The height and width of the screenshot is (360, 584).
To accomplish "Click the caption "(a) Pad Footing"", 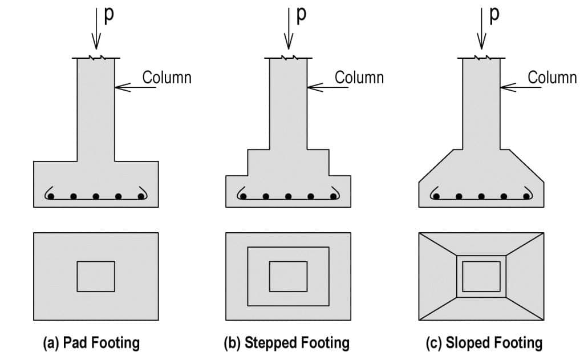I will point(91,343).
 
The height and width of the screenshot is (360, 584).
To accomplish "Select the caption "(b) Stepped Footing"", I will point(286,343).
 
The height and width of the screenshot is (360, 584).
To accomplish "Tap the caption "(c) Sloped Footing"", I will point(484,343).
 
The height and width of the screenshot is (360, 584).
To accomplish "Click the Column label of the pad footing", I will point(167,77).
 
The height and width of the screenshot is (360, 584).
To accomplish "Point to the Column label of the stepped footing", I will point(359,77).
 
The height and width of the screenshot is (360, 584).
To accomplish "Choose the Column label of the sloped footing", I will point(552,77).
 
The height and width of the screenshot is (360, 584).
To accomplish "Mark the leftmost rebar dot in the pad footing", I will point(51,196).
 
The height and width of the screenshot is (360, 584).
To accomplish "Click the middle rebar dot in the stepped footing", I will point(289,196).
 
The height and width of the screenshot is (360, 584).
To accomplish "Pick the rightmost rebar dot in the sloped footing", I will point(526,196).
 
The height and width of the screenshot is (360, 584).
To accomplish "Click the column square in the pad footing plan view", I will point(96,277).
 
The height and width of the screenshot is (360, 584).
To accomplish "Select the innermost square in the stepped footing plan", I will point(288,277).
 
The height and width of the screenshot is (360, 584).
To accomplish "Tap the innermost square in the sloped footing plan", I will point(481,277).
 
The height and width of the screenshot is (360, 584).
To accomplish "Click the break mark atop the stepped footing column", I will point(289,58).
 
